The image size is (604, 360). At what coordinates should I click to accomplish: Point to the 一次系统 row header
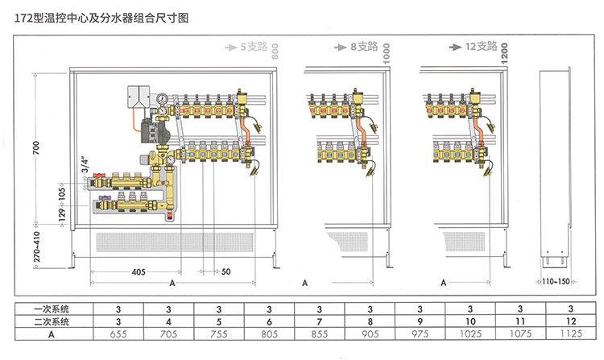(x=52, y=308)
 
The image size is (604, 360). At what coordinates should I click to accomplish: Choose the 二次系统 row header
(x=52, y=321)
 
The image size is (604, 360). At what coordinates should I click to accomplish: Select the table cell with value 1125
(x=570, y=333)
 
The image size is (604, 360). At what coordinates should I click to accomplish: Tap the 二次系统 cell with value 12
(x=570, y=321)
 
